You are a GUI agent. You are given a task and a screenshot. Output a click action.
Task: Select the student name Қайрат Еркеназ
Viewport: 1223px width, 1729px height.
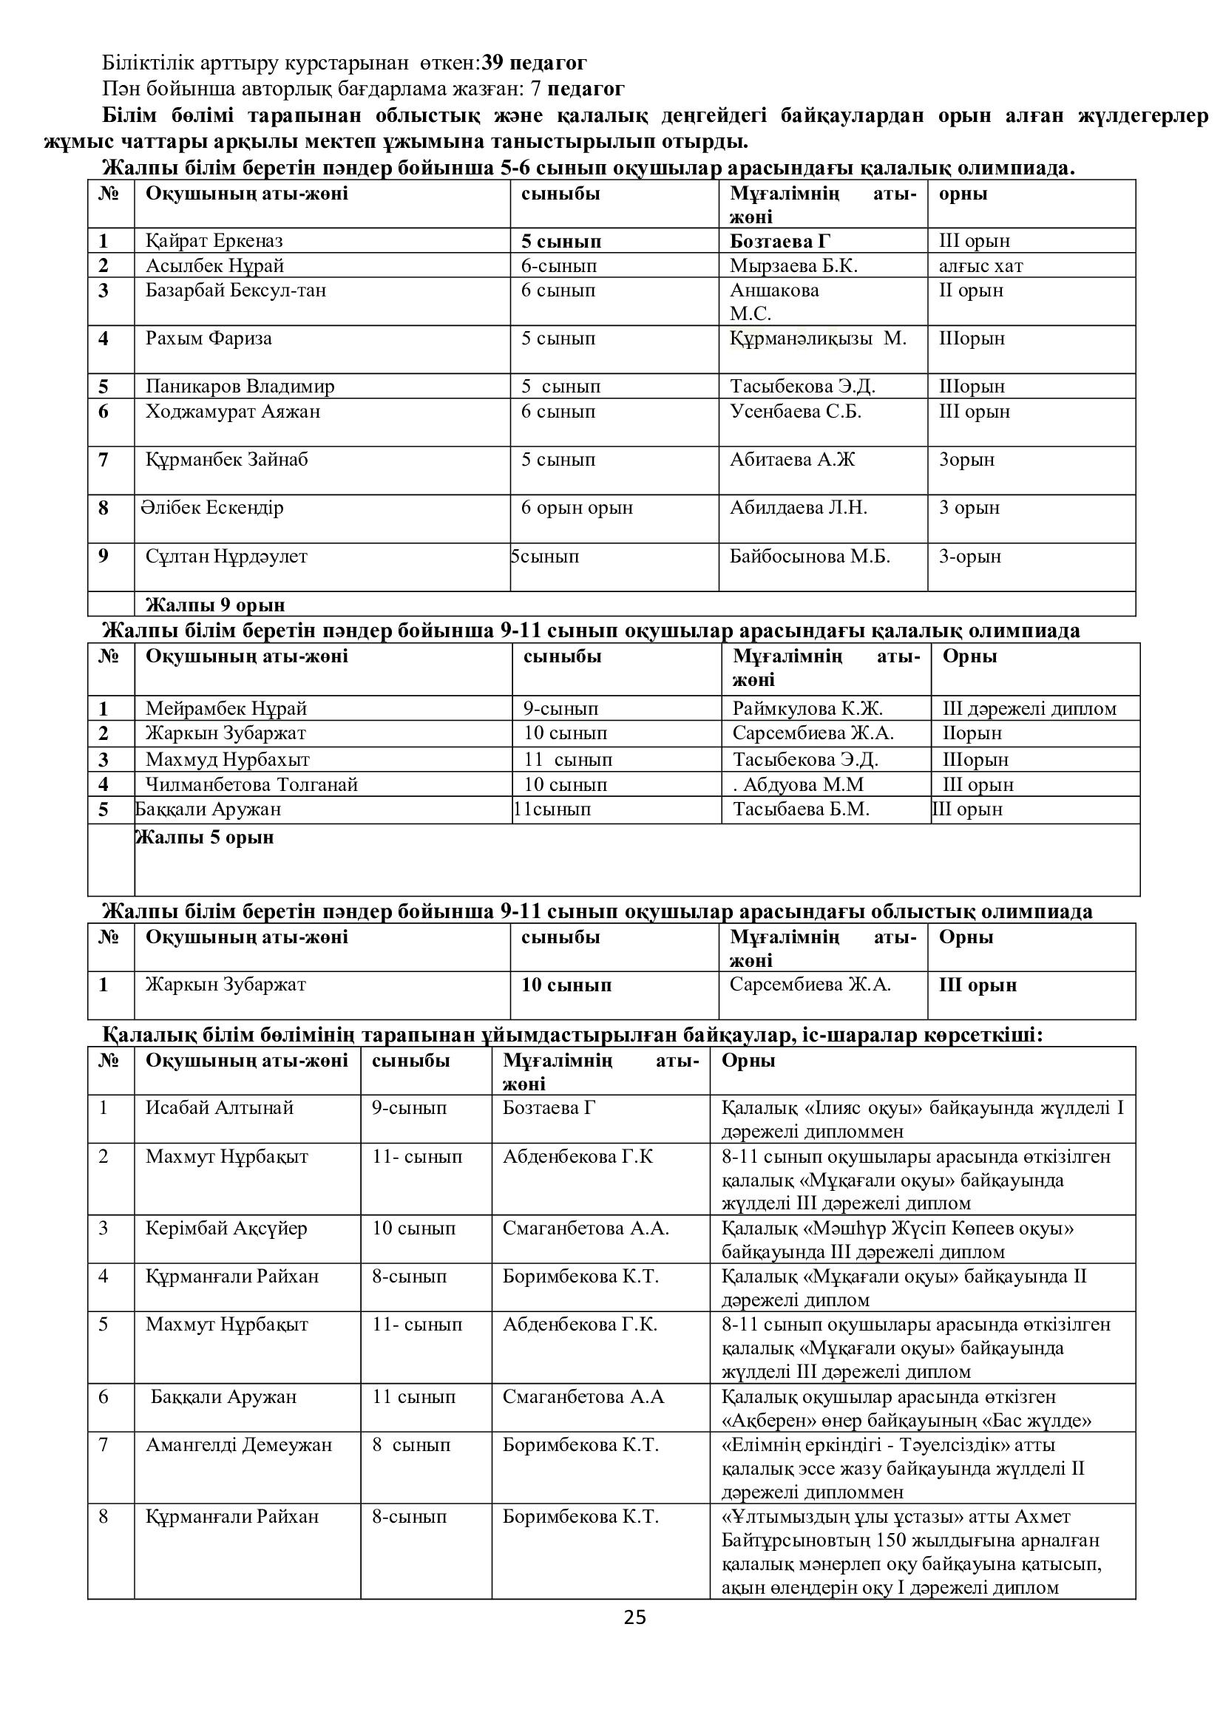pos(214,241)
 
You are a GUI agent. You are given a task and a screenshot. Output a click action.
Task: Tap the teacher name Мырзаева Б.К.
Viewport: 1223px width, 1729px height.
pos(793,266)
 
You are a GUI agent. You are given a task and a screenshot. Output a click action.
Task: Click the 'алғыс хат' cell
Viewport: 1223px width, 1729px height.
pos(980,266)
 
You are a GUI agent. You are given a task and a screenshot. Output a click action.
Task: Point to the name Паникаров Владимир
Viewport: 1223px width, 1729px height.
pos(240,387)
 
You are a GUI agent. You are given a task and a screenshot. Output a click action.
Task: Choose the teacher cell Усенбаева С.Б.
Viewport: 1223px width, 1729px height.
pos(796,411)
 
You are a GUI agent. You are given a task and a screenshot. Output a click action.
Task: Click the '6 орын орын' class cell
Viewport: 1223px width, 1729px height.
pos(577,508)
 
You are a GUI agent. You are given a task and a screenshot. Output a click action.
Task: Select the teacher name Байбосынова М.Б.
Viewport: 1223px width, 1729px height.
pos(810,557)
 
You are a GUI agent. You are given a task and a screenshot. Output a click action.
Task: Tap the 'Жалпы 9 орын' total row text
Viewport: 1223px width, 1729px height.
pos(214,605)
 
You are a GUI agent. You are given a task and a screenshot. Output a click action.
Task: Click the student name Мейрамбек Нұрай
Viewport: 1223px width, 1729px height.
pos(226,709)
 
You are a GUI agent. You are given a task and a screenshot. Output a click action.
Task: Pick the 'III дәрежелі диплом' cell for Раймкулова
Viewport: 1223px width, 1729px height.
pos(1029,709)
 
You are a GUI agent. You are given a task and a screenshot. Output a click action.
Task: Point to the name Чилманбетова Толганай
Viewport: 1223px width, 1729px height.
pos(251,785)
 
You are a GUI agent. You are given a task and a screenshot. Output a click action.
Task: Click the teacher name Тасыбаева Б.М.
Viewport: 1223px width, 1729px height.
pos(801,809)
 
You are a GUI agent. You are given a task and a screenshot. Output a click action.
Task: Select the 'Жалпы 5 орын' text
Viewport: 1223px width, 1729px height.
pos(204,838)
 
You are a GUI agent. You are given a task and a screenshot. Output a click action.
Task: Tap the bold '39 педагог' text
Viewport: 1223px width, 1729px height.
pos(534,63)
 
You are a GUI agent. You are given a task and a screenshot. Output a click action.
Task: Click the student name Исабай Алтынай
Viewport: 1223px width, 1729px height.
pos(219,1108)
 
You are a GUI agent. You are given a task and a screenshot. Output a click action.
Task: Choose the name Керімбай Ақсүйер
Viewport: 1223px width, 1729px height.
pos(226,1229)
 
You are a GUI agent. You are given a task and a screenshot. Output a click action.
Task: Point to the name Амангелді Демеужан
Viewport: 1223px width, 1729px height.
pos(239,1445)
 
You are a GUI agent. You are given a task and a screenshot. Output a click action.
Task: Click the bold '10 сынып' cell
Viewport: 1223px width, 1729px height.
pos(566,985)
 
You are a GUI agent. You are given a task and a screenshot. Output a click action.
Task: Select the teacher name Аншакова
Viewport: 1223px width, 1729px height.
pos(774,291)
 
